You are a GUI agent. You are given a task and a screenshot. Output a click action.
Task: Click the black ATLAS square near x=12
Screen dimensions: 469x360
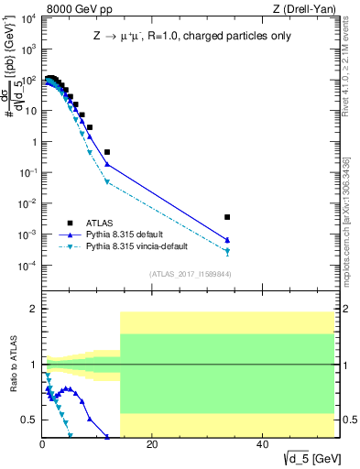[x=107, y=151]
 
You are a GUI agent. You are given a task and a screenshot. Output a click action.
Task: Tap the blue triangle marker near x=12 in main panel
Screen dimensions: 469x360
[x=107, y=164]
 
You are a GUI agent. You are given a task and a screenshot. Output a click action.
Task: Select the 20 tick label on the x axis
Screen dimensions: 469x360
[x=152, y=444]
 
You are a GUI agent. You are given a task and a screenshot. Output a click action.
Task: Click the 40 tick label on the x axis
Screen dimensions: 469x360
[x=262, y=444]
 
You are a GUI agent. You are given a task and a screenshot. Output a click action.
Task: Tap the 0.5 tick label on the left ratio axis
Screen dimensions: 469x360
[x=28, y=420]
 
